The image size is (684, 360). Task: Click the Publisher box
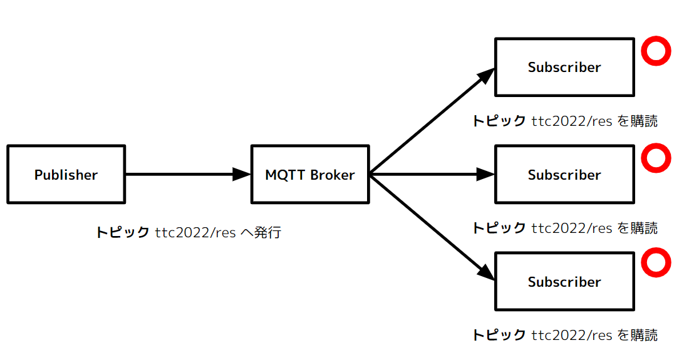[x=66, y=175]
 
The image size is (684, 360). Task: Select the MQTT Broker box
[x=310, y=175]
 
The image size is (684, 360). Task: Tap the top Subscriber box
[x=564, y=67]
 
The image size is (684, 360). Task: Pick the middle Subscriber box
[x=564, y=175]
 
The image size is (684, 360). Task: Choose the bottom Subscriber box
[x=564, y=282]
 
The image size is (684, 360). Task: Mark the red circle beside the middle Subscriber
[x=656, y=158]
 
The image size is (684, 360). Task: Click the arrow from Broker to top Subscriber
[x=432, y=121]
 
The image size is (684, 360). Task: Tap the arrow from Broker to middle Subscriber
[x=432, y=175]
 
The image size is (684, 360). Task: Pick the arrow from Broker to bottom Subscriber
[x=432, y=228]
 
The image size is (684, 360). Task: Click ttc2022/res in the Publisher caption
[x=195, y=233]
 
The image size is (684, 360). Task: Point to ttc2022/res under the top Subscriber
[x=572, y=121]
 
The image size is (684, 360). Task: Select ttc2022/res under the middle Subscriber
[x=572, y=228]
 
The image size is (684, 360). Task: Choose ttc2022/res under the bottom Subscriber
[x=572, y=335]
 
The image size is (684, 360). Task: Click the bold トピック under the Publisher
[x=122, y=233]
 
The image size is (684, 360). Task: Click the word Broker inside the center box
[x=333, y=175]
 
